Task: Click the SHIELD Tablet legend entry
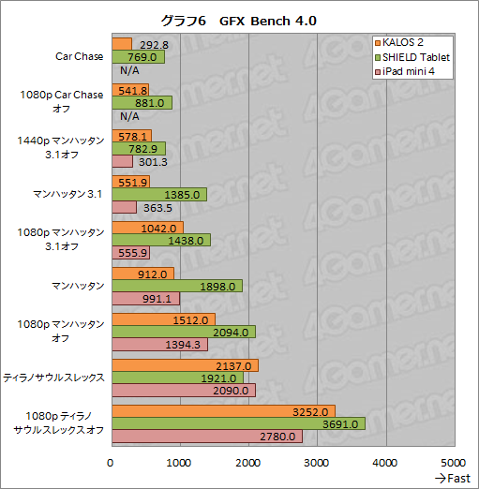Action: [417, 57]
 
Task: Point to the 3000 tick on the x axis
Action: [317, 463]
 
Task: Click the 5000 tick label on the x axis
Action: [454, 463]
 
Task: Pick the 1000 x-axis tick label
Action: [180, 463]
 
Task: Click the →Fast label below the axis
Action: [453, 479]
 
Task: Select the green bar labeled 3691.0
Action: [238, 424]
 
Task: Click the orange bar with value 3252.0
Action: [223, 411]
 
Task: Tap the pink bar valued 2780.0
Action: [207, 437]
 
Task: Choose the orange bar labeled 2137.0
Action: [185, 365]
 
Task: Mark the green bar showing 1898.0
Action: [177, 286]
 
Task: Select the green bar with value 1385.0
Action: [159, 194]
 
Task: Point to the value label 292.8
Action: [153, 44]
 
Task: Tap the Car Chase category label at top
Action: [80, 56]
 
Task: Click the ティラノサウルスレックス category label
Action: [54, 378]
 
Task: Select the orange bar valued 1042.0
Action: [147, 228]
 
